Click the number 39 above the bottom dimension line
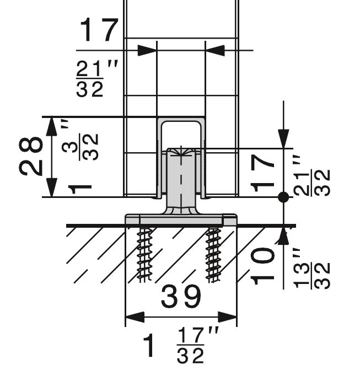point(181,297)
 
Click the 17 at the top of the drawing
point(99,31)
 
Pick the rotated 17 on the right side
point(263,172)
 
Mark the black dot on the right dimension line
point(283,196)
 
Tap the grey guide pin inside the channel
point(181,176)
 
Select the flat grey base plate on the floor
point(181,219)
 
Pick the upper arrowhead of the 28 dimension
point(51,126)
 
